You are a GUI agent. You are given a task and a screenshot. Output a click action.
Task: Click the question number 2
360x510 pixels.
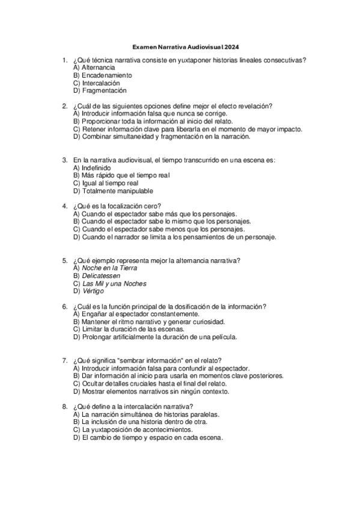coord(64,106)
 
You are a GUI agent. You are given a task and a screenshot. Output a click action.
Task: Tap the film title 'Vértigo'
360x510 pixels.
coord(93,291)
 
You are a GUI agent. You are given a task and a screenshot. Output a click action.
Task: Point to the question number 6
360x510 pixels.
coord(64,306)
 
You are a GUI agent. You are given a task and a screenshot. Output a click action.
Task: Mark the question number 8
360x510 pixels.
coord(64,407)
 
